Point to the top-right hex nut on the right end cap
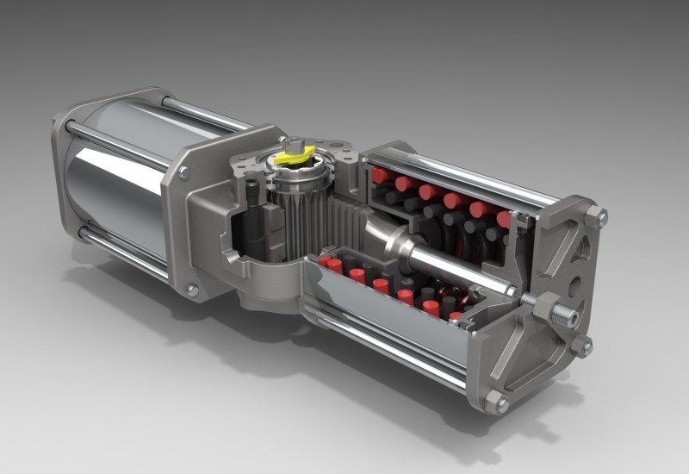click(595, 216)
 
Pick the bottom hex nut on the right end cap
click(497, 402)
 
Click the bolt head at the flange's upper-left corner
click(183, 172)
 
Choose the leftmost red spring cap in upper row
click(380, 176)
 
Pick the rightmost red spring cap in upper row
click(505, 219)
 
